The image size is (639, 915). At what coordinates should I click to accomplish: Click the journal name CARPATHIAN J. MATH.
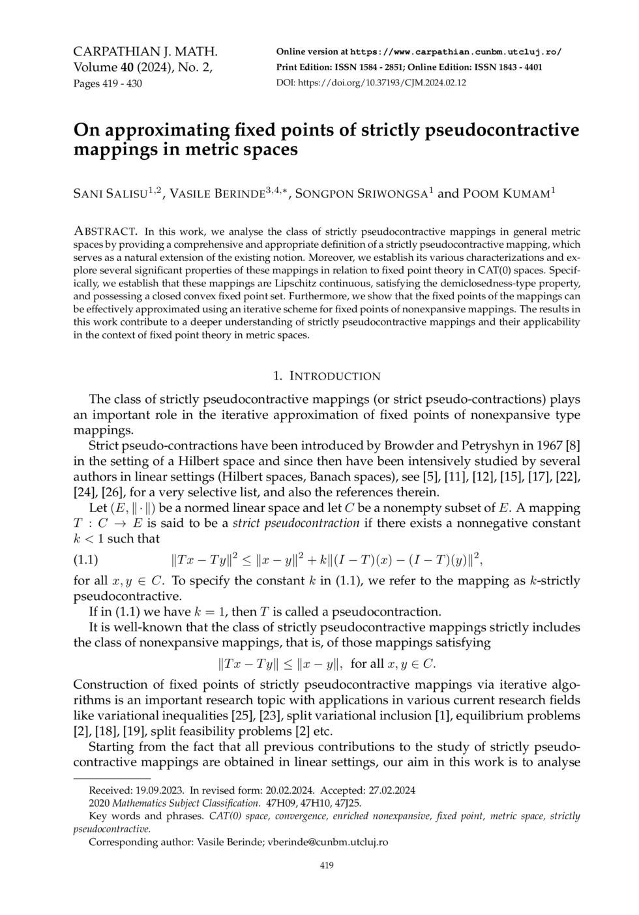(145, 52)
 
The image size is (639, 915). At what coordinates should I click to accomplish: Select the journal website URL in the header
(456, 52)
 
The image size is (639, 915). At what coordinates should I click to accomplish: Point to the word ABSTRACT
(105, 231)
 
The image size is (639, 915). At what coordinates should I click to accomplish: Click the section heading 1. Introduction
(326, 376)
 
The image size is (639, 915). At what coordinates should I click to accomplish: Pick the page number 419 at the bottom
(326, 865)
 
